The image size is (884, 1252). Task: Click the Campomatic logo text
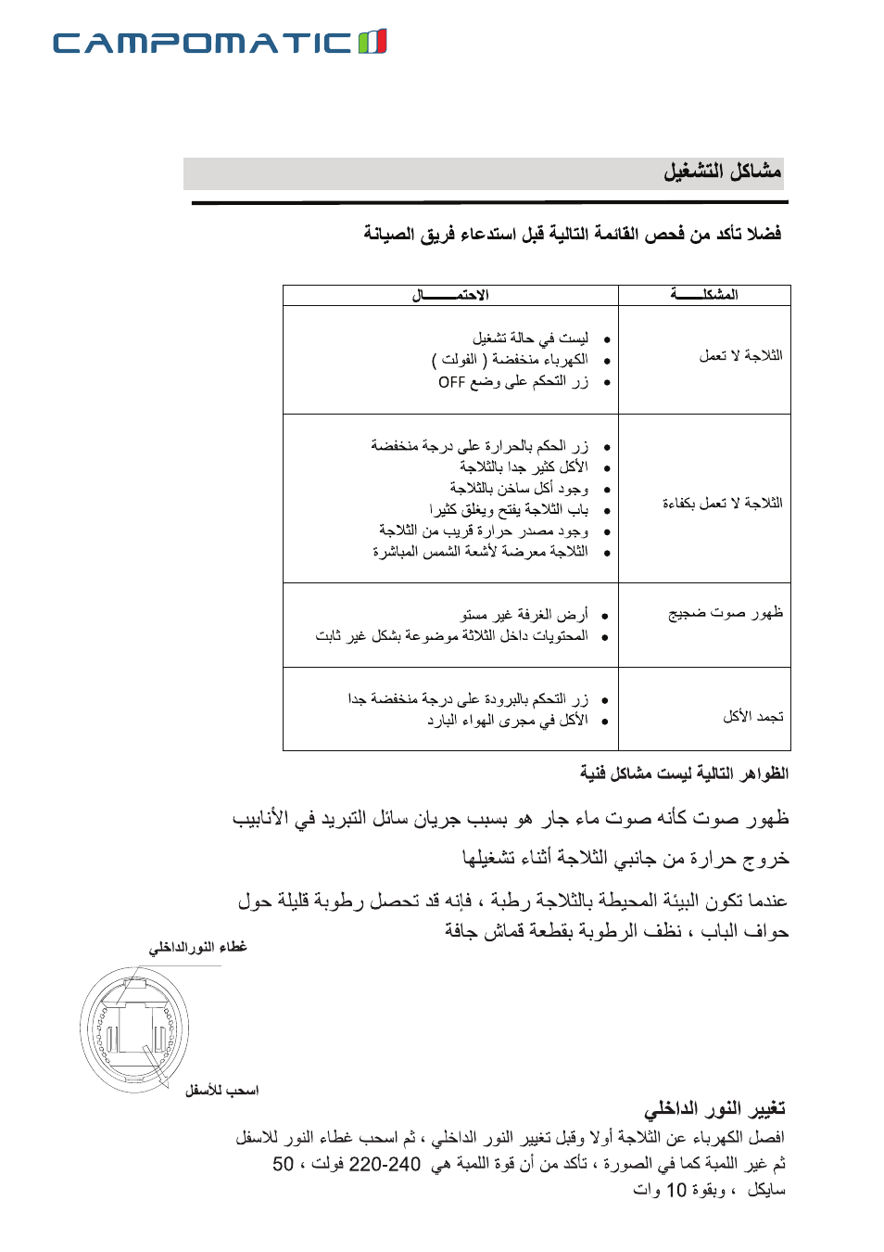[202, 43]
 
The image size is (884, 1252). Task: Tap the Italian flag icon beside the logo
[373, 42]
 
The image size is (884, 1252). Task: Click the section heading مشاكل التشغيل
[722, 172]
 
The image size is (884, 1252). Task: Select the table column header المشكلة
[704, 295]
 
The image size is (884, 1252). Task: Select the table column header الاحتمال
[450, 295]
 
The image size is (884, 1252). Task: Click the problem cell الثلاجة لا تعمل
[740, 356]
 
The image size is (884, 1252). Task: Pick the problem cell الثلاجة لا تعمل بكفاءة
[722, 504]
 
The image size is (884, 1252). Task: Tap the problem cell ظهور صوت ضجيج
[726, 613]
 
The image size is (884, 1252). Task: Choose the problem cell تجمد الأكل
[752, 716]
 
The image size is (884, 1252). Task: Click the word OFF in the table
[451, 382]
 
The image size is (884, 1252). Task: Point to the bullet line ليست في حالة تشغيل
[530, 339]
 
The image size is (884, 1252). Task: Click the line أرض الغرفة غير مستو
[524, 614]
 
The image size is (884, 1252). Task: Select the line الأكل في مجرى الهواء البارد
[507, 720]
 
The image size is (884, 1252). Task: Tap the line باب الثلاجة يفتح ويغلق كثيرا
[509, 509]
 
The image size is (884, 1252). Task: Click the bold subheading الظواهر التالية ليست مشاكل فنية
[684, 773]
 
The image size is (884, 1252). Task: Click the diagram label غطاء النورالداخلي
[197, 947]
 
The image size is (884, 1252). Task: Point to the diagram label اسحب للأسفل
[221, 1091]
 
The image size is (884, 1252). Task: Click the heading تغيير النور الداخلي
[714, 1108]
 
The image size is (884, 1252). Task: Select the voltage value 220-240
[385, 1165]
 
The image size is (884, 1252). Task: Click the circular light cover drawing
[134, 1029]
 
